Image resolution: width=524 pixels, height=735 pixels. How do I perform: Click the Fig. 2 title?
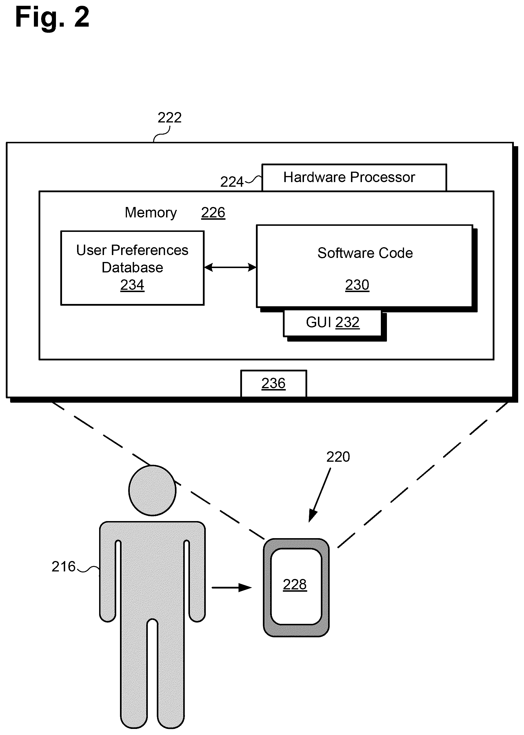click(52, 18)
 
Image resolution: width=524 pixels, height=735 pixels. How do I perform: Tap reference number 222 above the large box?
click(169, 118)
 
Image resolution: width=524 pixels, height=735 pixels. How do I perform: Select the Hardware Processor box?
click(354, 177)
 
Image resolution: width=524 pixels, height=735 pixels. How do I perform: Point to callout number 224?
click(232, 182)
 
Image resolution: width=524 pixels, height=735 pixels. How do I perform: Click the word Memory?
click(151, 213)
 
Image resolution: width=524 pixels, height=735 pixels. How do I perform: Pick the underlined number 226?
click(213, 213)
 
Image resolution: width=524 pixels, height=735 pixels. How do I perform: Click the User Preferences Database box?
click(132, 268)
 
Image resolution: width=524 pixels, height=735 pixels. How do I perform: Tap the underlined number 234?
click(132, 285)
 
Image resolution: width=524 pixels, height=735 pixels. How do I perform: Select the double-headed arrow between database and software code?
click(230, 267)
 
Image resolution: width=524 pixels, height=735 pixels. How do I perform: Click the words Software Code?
click(365, 253)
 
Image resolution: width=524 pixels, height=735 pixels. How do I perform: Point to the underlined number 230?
click(357, 285)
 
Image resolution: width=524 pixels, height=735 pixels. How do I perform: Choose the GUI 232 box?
click(332, 323)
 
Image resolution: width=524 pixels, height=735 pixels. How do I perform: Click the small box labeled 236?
click(274, 384)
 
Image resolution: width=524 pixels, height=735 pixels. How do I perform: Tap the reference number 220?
click(338, 457)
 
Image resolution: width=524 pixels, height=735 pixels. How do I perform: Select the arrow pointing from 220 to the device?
click(320, 495)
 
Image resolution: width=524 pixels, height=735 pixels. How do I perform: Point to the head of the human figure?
click(152, 490)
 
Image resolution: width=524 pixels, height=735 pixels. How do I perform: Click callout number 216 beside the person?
click(63, 567)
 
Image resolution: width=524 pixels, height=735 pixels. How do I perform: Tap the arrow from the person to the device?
click(232, 588)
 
